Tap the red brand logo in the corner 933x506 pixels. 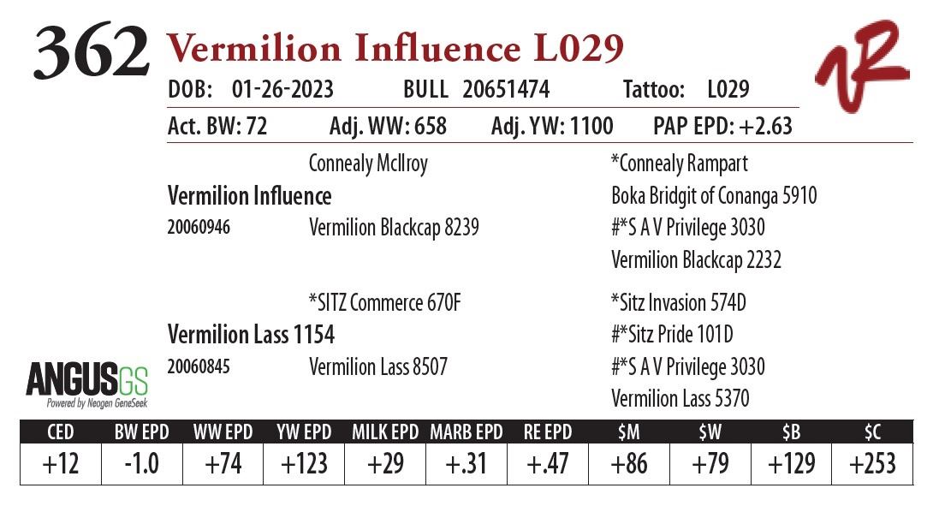[861, 67]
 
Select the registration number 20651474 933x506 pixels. [506, 90]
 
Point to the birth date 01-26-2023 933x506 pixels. [282, 90]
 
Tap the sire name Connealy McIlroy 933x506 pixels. [368, 164]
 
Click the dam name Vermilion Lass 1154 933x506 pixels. [251, 334]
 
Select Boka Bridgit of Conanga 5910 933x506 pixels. [714, 196]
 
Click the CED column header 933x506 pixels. [60, 432]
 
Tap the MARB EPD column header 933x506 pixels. [466, 432]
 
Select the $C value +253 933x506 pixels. [872, 464]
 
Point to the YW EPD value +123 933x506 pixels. [304, 464]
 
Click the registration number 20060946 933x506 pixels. [199, 229]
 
